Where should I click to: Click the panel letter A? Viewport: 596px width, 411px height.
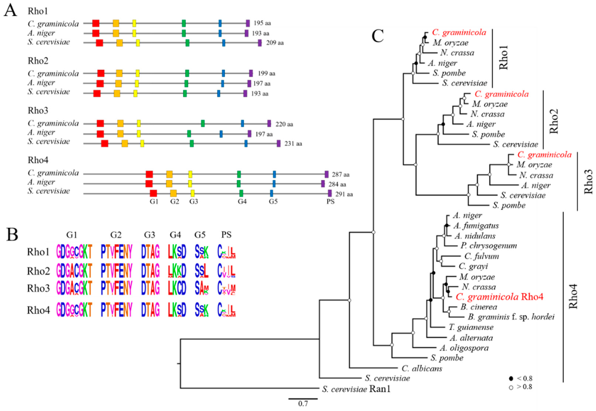click(10, 11)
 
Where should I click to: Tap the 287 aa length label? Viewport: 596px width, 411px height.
click(340, 175)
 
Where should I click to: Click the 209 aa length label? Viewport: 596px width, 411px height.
click(275, 43)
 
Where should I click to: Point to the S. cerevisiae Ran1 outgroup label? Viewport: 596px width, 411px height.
click(356, 389)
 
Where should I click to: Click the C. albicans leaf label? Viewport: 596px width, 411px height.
click(422, 368)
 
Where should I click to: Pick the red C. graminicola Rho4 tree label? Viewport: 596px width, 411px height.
click(499, 297)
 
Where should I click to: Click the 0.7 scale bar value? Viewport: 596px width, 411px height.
click(303, 403)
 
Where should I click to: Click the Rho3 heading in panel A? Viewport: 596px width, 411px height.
click(38, 110)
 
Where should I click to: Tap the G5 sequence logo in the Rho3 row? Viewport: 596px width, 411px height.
click(202, 289)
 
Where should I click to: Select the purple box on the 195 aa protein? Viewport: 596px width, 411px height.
click(248, 23)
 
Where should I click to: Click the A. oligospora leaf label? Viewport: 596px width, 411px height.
click(464, 348)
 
